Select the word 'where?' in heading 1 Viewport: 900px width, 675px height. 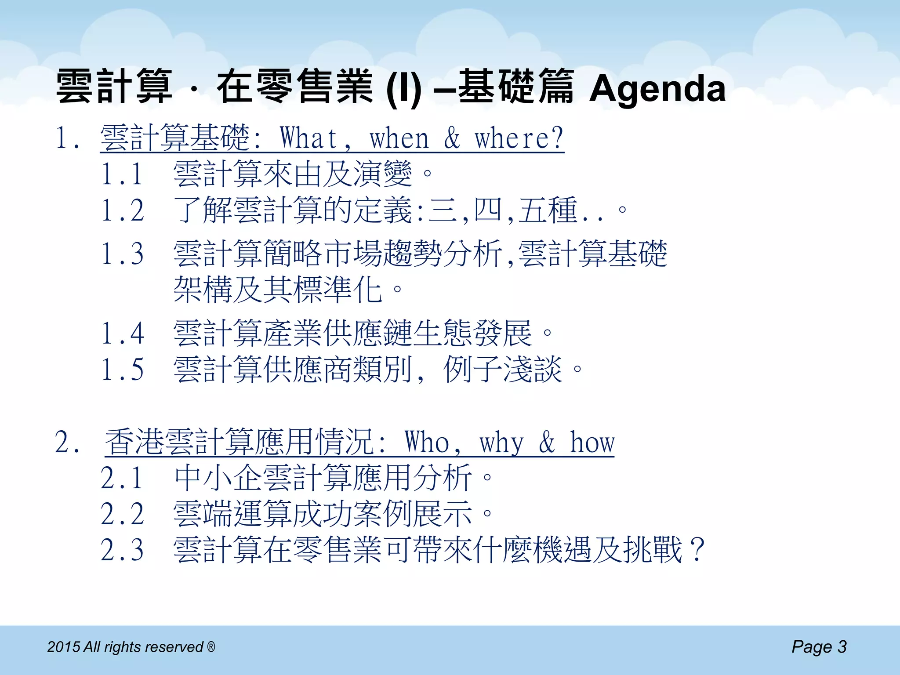(519, 138)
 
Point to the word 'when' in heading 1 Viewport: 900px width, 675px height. (399, 139)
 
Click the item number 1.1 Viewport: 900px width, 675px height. (122, 174)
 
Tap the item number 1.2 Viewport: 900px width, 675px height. (122, 210)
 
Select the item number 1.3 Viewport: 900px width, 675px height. (122, 254)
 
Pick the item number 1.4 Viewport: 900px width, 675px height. (122, 333)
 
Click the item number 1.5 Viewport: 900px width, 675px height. (122, 369)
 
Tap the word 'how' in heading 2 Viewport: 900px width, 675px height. (592, 442)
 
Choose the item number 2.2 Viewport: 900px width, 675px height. (122, 514)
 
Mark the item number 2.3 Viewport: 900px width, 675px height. (122, 550)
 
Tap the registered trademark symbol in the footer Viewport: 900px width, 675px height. (211, 646)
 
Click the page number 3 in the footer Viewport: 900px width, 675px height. (842, 647)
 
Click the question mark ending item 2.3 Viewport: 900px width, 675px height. (697, 550)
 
